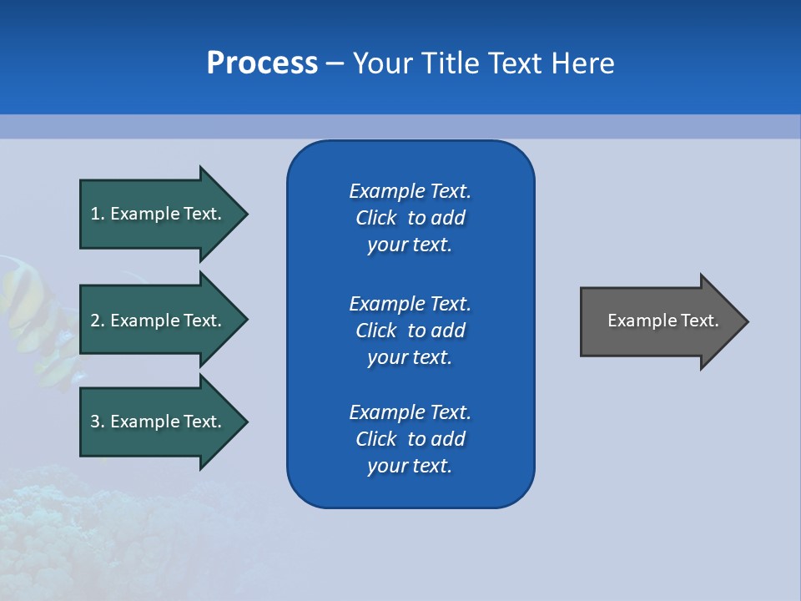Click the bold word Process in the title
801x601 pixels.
[x=262, y=63]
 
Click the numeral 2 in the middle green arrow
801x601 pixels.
[x=95, y=321]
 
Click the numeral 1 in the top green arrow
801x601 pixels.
[x=95, y=214]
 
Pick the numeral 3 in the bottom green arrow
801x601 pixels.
[x=95, y=422]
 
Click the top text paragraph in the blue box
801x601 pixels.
[x=410, y=218]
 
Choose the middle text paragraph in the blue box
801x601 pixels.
[x=410, y=331]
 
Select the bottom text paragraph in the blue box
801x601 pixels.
[x=410, y=439]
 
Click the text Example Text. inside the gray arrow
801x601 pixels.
[x=662, y=321]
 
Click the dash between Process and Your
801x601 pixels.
[x=335, y=64]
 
